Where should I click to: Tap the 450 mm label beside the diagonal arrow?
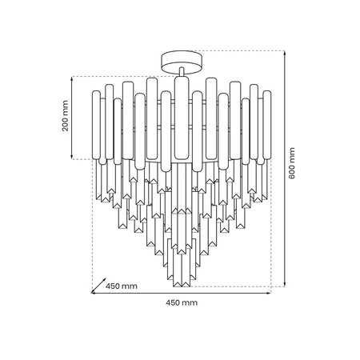122,286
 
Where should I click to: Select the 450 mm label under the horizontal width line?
181,302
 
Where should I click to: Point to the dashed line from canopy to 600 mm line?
240,50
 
